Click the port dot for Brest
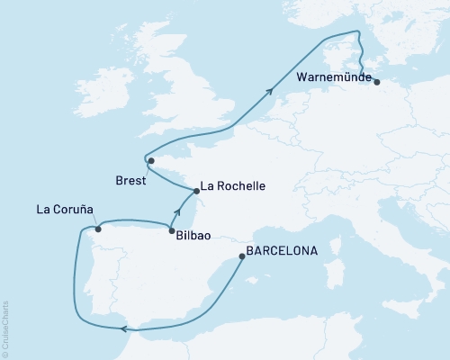coord(151,161)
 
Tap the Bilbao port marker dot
coord(171,231)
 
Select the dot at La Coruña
coord(98,229)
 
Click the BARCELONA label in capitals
coord(287,252)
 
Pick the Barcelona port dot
coord(241,256)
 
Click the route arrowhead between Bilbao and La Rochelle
coord(178,213)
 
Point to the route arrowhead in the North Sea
coord(270,88)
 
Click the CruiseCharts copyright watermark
coord(5,328)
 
